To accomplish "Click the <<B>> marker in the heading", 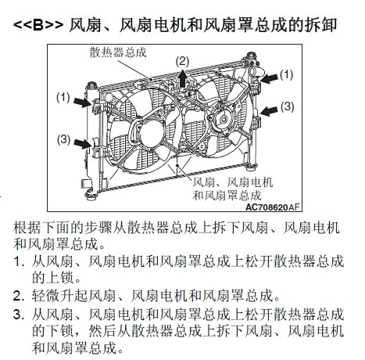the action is [38, 25].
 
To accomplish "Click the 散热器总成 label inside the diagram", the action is [118, 52].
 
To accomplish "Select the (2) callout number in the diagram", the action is [182, 62].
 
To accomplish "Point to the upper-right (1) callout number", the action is [287, 74].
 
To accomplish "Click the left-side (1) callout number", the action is [63, 98].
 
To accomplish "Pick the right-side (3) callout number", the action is [288, 106].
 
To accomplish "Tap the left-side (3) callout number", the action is [63, 139].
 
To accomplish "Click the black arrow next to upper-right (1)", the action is [269, 78].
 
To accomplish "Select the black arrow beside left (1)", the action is [82, 102].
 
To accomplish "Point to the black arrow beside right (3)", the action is [269, 111].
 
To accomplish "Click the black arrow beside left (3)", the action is [83, 143].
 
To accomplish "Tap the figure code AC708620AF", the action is [273, 207].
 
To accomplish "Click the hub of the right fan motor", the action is [224, 120].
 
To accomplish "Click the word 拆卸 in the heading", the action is [321, 25].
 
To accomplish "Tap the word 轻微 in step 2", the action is [46, 296].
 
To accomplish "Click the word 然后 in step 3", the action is [102, 331].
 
